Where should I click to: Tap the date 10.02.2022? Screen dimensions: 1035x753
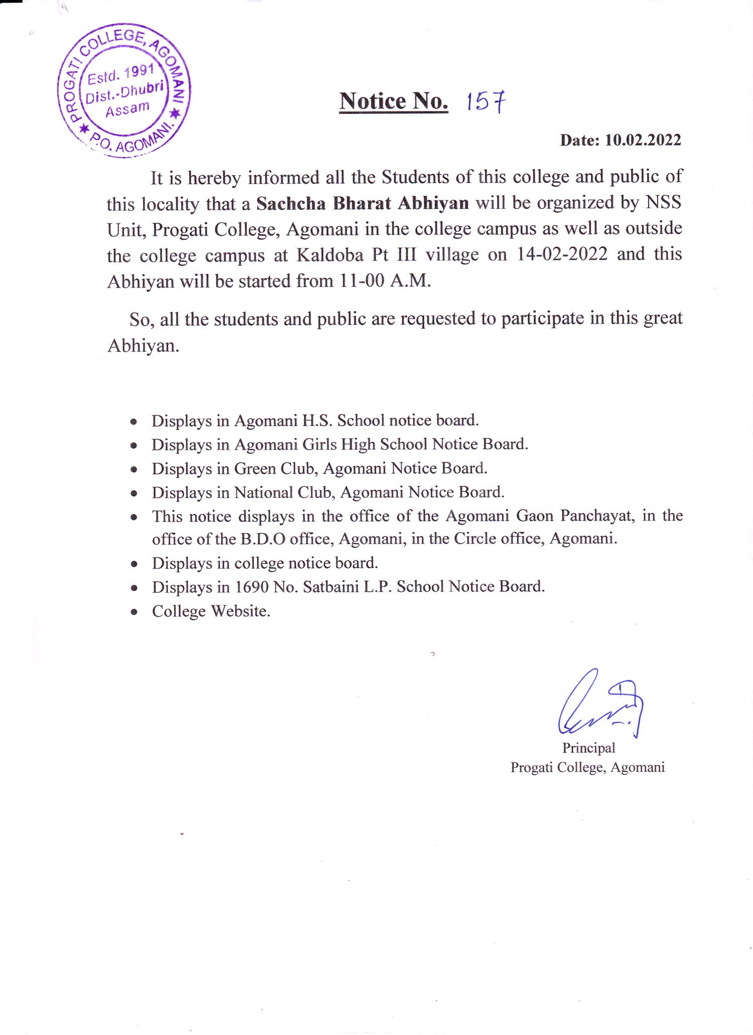pyautogui.click(x=643, y=140)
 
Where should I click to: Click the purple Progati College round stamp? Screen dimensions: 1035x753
pyautogui.click(x=124, y=90)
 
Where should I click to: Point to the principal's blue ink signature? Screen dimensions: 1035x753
pyautogui.click(x=600, y=704)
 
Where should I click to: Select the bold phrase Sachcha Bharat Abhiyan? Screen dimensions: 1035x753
pyautogui.click(x=362, y=203)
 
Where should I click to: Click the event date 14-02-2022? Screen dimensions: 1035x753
pyautogui.click(x=562, y=254)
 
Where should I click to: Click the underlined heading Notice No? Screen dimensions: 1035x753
pyautogui.click(x=394, y=101)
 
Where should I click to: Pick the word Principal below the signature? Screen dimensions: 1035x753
pyautogui.click(x=588, y=748)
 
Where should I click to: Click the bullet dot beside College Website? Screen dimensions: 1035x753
pyautogui.click(x=134, y=612)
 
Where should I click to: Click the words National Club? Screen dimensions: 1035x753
pyautogui.click(x=283, y=492)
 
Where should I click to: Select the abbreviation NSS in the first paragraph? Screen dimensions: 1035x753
pyautogui.click(x=663, y=202)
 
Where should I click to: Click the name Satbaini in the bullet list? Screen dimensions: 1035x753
pyautogui.click(x=331, y=587)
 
